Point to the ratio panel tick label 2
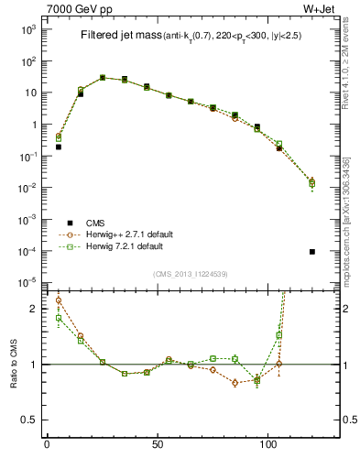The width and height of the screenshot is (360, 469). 35,309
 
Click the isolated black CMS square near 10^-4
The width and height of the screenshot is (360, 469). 312,252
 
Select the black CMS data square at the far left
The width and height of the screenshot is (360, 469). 58,147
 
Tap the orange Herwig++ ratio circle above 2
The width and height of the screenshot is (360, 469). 58,300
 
